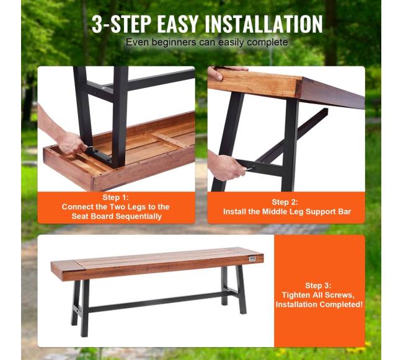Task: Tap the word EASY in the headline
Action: pos(177,24)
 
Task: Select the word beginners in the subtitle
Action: pos(174,42)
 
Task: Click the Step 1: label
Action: pos(115,197)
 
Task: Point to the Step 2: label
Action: pos(285,202)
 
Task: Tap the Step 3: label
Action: pos(318,285)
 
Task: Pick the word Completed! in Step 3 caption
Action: pos(341,304)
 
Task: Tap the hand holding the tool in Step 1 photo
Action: pos(71,144)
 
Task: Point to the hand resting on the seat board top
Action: pos(221,72)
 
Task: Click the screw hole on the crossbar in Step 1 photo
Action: pos(104,88)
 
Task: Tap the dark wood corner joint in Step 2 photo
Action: pos(298,88)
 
